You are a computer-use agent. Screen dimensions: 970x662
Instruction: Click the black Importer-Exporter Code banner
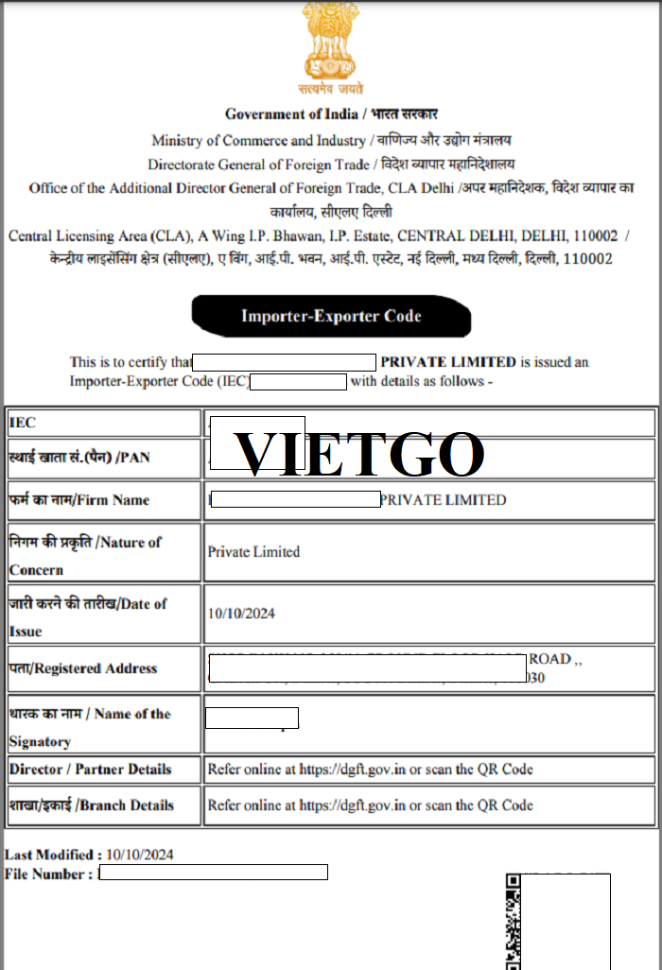(331, 316)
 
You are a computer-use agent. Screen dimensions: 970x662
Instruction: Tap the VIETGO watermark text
(359, 454)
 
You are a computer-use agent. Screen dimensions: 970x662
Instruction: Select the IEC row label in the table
(23, 423)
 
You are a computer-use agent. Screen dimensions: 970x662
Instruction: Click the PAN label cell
(79, 458)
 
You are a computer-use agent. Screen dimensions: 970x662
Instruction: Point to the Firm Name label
(79, 500)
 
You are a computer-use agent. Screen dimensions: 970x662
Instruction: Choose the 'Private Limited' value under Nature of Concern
(253, 551)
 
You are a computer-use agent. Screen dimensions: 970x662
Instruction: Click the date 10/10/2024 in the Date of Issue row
(241, 614)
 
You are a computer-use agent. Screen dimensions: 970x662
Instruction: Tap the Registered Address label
(83, 668)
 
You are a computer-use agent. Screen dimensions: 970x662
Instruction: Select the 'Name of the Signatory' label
(90, 726)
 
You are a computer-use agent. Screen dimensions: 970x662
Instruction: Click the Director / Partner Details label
(91, 769)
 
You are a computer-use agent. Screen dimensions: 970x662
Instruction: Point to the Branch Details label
(92, 805)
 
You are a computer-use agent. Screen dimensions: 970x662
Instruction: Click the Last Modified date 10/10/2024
(140, 855)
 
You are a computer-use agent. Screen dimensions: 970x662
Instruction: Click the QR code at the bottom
(512, 922)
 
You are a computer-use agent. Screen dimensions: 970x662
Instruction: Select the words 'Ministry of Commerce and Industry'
(258, 140)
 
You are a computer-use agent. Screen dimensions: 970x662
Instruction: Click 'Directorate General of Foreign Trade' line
(258, 164)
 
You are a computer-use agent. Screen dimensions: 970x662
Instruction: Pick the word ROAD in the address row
(549, 658)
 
